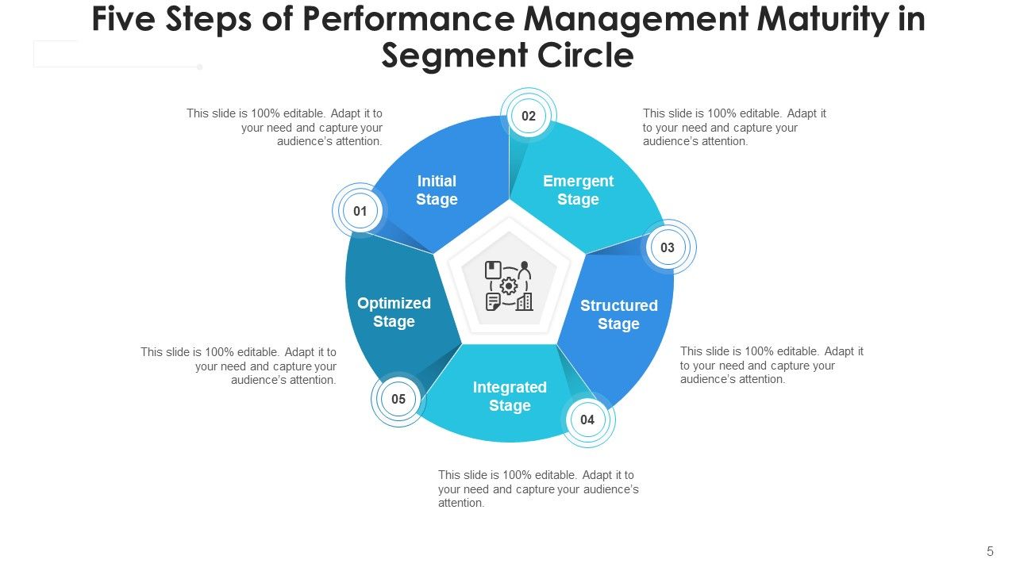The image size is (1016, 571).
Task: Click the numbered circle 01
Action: (x=360, y=212)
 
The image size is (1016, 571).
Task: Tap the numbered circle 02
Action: (x=529, y=117)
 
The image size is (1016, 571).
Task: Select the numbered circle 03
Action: (x=668, y=247)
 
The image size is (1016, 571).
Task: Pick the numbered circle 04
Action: (x=587, y=420)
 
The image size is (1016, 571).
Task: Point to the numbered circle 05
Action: (x=398, y=400)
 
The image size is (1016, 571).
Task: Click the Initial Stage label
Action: (x=437, y=190)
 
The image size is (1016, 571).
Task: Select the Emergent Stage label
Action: (x=578, y=190)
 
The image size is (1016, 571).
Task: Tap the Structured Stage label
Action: (x=618, y=315)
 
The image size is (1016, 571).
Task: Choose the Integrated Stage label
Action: (x=510, y=397)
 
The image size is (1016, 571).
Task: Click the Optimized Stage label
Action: (x=394, y=312)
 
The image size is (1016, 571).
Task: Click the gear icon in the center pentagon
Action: (x=509, y=286)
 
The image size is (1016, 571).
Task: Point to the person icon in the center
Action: (x=524, y=270)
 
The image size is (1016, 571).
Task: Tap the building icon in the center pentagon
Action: (x=524, y=301)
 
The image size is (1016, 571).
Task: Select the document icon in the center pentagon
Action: (x=493, y=301)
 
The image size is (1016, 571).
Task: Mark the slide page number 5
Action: (x=990, y=551)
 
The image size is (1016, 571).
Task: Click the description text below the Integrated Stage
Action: (x=538, y=489)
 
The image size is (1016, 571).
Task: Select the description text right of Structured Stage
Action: (x=772, y=365)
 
